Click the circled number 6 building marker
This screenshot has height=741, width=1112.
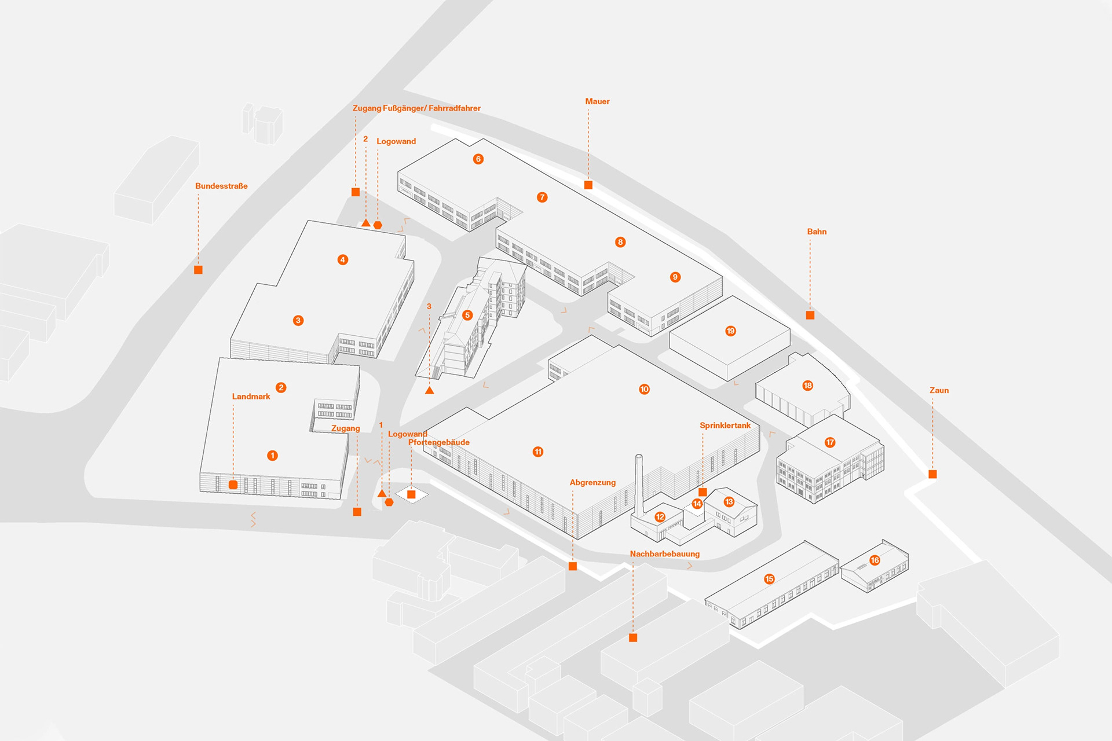pyautogui.click(x=478, y=159)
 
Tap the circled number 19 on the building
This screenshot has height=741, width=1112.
pyautogui.click(x=730, y=331)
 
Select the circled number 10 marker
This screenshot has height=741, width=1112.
pyautogui.click(x=644, y=389)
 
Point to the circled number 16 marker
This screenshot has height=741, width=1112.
pyautogui.click(x=875, y=560)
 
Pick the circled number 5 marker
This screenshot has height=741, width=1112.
pyautogui.click(x=467, y=315)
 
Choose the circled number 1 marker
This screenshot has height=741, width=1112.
pyautogui.click(x=272, y=456)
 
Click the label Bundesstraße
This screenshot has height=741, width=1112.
pyautogui.click(x=221, y=186)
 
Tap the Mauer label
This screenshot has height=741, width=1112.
pyautogui.click(x=597, y=101)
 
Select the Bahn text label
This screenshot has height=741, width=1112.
pyautogui.click(x=817, y=232)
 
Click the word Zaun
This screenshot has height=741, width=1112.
pyautogui.click(x=939, y=390)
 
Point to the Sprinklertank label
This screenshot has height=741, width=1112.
pyautogui.click(x=725, y=425)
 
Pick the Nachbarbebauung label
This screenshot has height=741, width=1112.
pyautogui.click(x=664, y=554)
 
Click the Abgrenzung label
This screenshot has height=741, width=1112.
pyautogui.click(x=592, y=482)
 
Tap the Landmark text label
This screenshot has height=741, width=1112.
pyautogui.click(x=251, y=397)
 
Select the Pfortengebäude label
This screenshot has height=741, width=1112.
pyautogui.click(x=438, y=442)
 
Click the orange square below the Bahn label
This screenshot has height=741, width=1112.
pyautogui.click(x=810, y=315)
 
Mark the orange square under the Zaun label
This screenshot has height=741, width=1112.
pyautogui.click(x=932, y=474)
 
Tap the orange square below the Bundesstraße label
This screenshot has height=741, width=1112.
pyautogui.click(x=198, y=270)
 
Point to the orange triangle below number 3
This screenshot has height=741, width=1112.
pyautogui.click(x=429, y=391)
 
